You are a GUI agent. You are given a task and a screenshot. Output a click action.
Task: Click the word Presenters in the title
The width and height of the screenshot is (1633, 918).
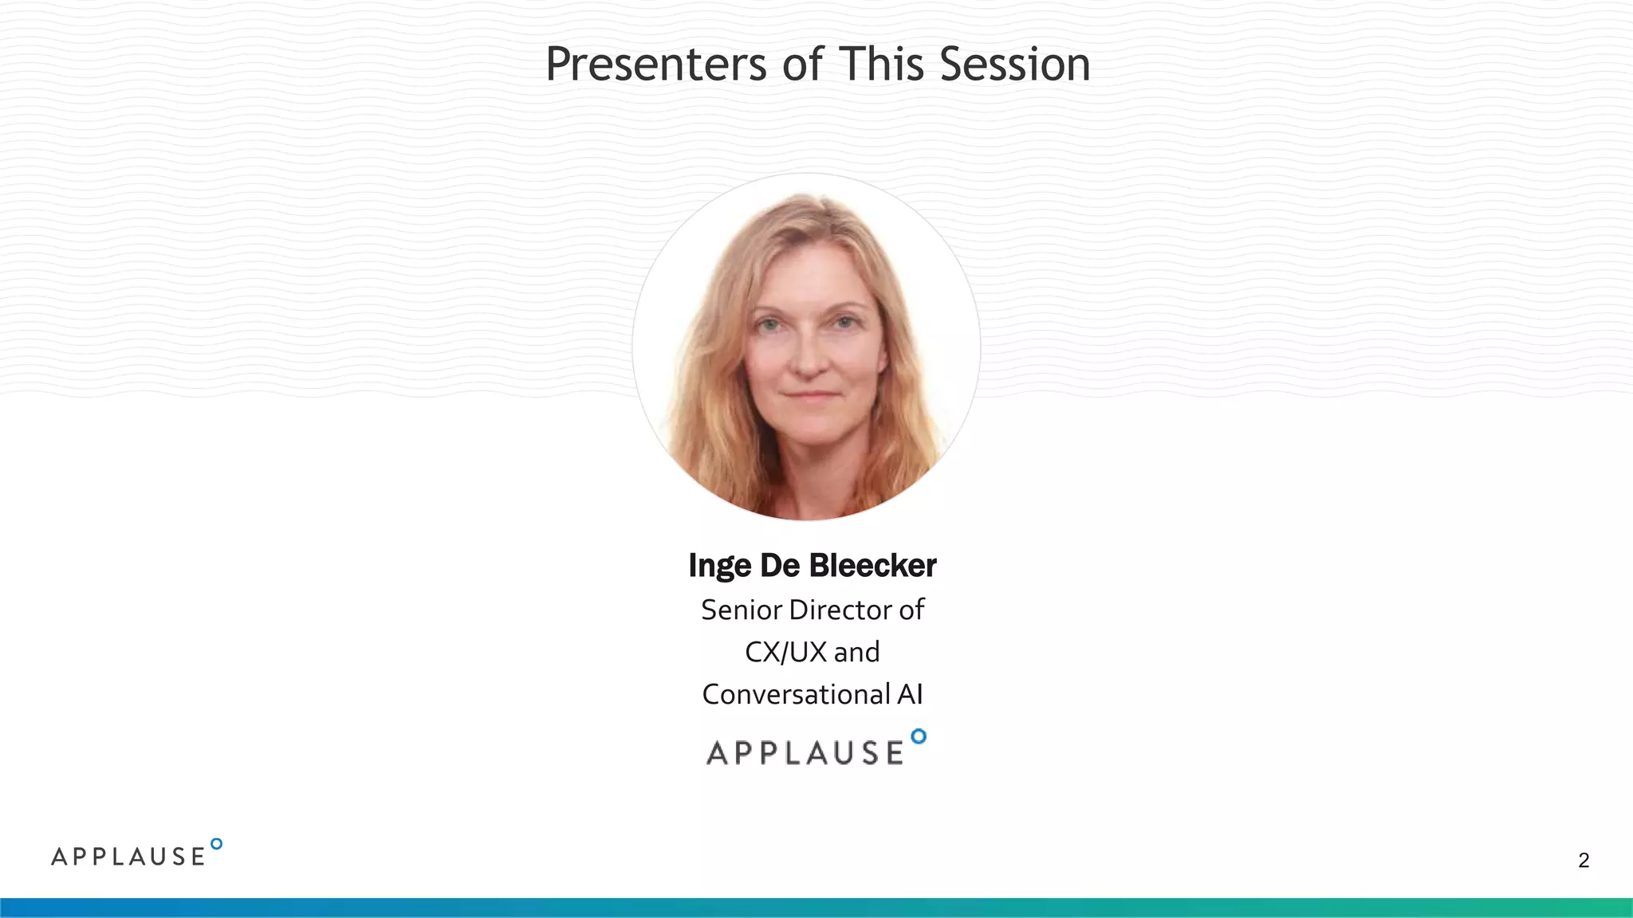pos(656,65)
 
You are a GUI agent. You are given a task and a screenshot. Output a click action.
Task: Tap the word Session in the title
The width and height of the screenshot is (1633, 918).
pos(1014,65)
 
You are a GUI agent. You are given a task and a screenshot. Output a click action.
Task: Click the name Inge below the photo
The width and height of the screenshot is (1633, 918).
pos(719,567)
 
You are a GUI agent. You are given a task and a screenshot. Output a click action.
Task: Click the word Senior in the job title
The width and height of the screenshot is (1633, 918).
pos(742,610)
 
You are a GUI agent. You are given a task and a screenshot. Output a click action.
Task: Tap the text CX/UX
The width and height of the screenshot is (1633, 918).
pos(785,653)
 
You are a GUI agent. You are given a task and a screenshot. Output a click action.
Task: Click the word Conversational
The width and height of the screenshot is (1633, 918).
pos(795,695)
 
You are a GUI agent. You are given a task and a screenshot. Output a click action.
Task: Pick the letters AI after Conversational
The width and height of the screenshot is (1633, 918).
pos(910,695)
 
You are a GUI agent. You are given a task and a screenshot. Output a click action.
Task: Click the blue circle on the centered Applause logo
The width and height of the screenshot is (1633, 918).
pos(919,736)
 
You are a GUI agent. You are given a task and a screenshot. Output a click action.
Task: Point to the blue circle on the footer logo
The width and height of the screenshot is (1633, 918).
pos(216,844)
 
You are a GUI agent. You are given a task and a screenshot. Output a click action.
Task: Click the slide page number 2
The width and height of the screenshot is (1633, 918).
pos(1584,861)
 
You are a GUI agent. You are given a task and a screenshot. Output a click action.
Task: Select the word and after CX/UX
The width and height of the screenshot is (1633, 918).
pos(856,653)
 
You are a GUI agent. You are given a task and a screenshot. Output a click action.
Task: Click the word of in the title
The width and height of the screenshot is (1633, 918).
pos(802,65)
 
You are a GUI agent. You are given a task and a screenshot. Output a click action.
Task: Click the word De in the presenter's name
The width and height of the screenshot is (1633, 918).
pos(779,566)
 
